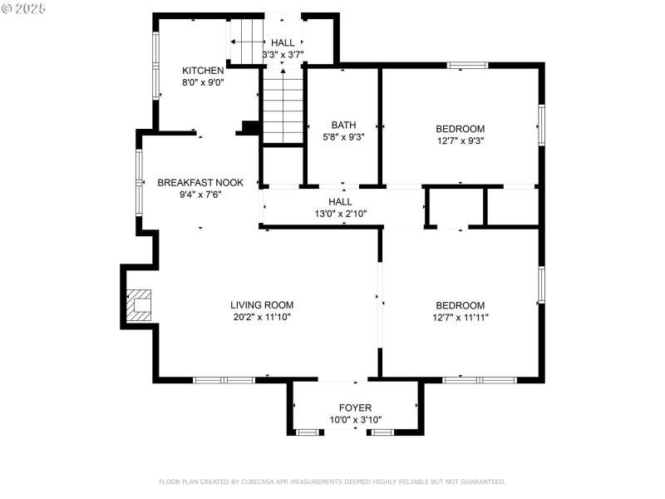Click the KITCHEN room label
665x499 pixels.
pos(203,71)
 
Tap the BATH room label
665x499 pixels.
pos(343,126)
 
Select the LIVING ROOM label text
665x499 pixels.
pos(262,305)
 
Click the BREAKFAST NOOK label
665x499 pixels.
pos(200,183)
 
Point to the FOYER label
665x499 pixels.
pos(355,408)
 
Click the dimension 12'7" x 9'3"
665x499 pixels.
pos(460,141)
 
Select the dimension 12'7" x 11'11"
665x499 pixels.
pos(460,317)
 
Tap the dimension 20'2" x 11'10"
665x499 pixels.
pos(262,317)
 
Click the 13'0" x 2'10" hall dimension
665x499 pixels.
pos(340,214)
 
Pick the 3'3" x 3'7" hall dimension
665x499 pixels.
pos(283,55)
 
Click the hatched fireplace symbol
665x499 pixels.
pos(138,305)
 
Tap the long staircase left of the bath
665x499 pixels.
pos(283,106)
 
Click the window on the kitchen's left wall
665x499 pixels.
pos(155,67)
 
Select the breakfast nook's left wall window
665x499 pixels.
pos(140,183)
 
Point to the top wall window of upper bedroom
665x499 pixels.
pos(467,65)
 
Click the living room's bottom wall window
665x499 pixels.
pos(224,380)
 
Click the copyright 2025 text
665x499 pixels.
pos(24,7)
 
